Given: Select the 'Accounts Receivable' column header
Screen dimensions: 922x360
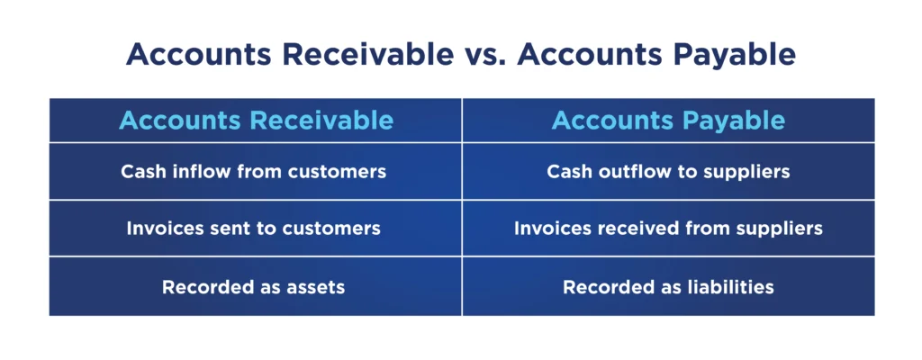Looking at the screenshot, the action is (257, 121).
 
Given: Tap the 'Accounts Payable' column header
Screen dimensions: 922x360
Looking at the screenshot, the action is (669, 121).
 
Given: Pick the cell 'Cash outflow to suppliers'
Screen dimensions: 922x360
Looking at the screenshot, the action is (668, 171).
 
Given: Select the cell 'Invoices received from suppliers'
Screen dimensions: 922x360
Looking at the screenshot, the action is (668, 228).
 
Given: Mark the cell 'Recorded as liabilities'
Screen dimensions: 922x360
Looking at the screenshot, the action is (668, 287).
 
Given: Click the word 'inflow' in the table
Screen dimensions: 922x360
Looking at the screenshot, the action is (195, 171).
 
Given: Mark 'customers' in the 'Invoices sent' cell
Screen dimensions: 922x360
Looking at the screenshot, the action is (332, 229).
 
